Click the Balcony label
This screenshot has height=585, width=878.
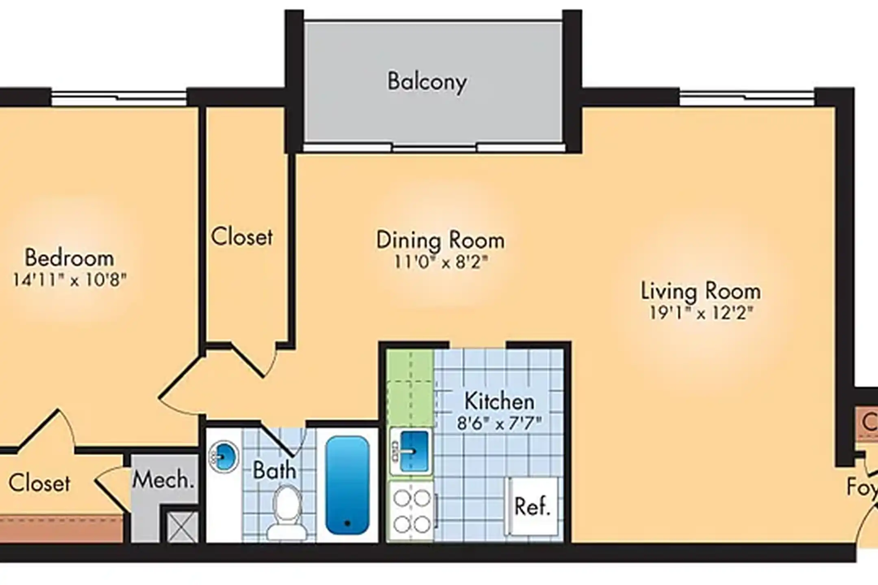click(427, 82)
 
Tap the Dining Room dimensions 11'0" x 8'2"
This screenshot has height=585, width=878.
click(441, 262)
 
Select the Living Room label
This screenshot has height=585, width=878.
click(700, 291)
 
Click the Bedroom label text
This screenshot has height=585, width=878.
click(69, 258)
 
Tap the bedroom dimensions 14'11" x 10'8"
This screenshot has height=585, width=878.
click(70, 280)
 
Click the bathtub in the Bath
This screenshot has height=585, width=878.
click(347, 485)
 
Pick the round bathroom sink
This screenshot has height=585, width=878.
click(224, 458)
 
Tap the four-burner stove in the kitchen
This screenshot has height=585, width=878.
click(411, 511)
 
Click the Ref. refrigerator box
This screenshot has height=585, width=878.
click(532, 506)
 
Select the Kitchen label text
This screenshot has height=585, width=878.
click(499, 401)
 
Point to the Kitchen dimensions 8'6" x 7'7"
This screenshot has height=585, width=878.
click(499, 423)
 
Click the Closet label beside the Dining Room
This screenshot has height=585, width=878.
click(241, 237)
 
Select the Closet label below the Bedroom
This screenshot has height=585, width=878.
click(39, 483)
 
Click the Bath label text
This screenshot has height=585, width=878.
click(274, 470)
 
